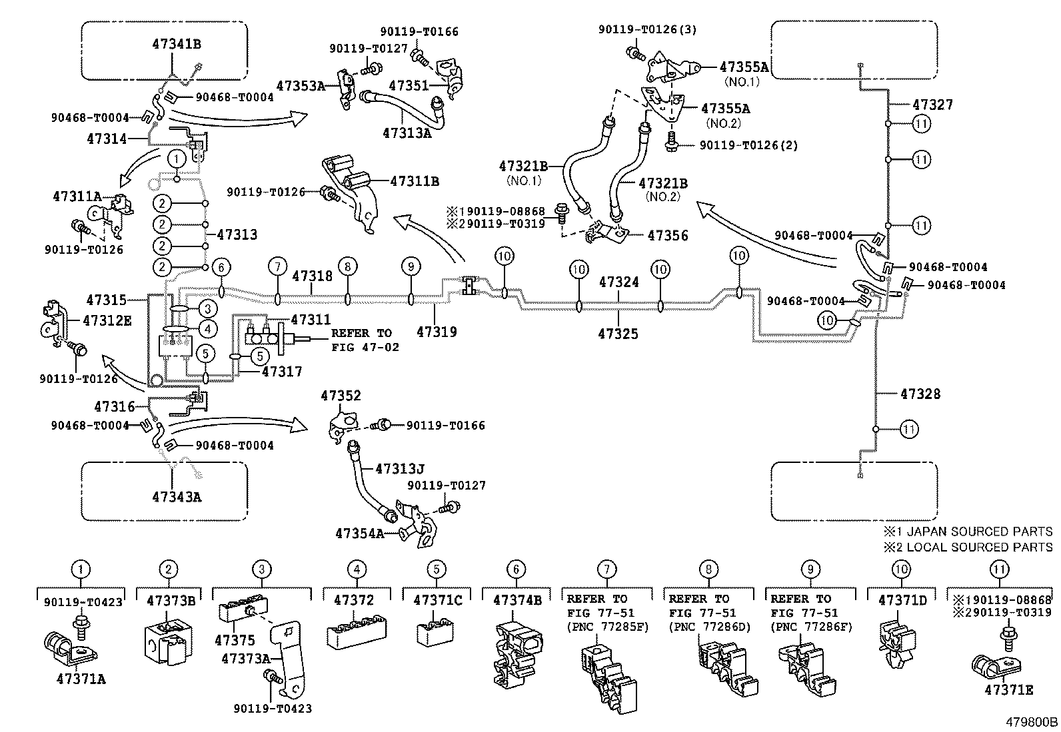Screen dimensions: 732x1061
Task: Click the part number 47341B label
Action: tap(176, 45)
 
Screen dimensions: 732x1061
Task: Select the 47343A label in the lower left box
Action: tap(176, 496)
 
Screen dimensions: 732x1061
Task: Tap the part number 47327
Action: tap(932, 105)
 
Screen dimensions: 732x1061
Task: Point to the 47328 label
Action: tap(920, 394)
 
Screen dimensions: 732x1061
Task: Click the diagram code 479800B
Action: tap(1032, 721)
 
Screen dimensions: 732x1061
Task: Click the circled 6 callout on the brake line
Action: tap(222, 267)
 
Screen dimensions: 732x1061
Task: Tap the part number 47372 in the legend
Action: tap(354, 600)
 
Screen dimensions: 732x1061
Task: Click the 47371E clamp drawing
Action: tap(990, 665)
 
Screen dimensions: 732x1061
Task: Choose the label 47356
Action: tap(668, 235)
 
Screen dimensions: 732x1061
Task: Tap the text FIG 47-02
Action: tap(365, 347)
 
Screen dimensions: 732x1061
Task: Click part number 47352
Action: tap(341, 396)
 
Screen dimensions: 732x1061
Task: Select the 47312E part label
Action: tap(107, 320)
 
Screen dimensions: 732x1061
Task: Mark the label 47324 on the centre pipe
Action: tap(618, 282)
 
